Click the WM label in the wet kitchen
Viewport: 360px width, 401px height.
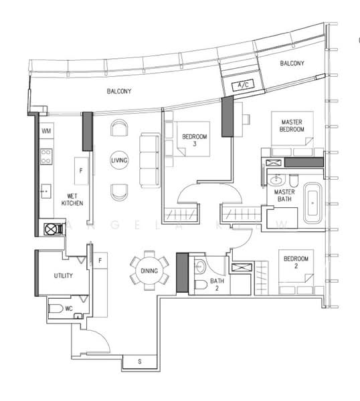[46, 131]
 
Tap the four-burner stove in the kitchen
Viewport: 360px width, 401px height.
[47, 156]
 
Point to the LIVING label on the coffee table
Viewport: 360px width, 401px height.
[120, 160]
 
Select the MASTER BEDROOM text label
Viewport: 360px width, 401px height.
[292, 125]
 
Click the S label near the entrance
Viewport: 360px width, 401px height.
[139, 362]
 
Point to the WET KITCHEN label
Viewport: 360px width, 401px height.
[72, 198]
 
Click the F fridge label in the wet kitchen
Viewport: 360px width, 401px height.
[80, 170]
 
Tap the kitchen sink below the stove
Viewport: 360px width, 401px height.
[46, 190]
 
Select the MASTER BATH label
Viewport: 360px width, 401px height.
[285, 196]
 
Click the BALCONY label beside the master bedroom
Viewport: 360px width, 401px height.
[292, 63]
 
